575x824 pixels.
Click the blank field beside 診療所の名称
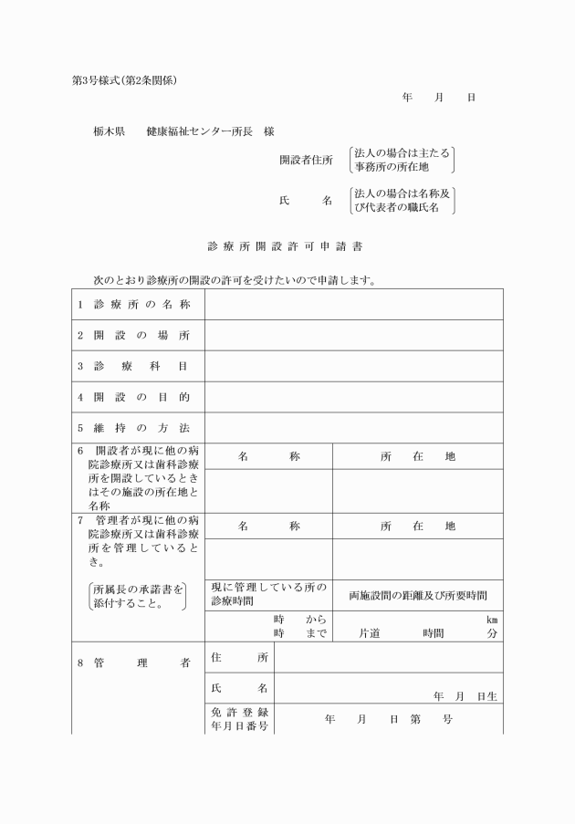(x=353, y=304)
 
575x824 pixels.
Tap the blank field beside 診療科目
(x=353, y=366)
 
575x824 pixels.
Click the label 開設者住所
(x=306, y=160)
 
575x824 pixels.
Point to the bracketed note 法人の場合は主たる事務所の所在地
(x=402, y=160)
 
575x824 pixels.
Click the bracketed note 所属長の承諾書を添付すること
(x=138, y=597)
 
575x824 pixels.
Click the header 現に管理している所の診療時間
(x=268, y=595)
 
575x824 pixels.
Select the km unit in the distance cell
(x=491, y=619)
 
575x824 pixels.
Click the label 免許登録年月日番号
(x=239, y=719)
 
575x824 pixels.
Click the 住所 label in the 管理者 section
(x=239, y=657)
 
